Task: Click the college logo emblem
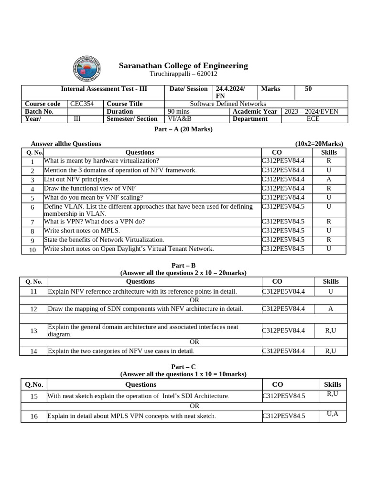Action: pyautogui.click(x=87, y=69)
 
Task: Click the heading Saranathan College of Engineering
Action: pyautogui.click(x=183, y=66)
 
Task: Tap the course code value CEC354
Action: pyautogui.click(x=82, y=104)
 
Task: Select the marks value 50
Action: pyautogui.click(x=308, y=89)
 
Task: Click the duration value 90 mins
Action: pyautogui.click(x=179, y=111)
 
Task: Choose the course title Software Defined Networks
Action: pyautogui.click(x=228, y=104)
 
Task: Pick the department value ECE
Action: pyautogui.click(x=313, y=119)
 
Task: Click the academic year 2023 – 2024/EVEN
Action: pyautogui.click(x=311, y=111)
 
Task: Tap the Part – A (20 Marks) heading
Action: pyautogui.click(x=183, y=129)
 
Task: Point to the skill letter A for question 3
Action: pyautogui.click(x=329, y=180)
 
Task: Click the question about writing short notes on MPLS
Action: pyautogui.click(x=82, y=231)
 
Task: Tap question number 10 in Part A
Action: pyautogui.click(x=32, y=249)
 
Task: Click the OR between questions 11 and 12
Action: pyautogui.click(x=194, y=300)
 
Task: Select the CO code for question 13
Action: pyautogui.click(x=283, y=330)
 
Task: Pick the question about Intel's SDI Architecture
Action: pyautogui.click(x=138, y=396)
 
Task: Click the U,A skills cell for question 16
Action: pyautogui.click(x=333, y=414)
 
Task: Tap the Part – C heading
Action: pyautogui.click(x=183, y=367)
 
